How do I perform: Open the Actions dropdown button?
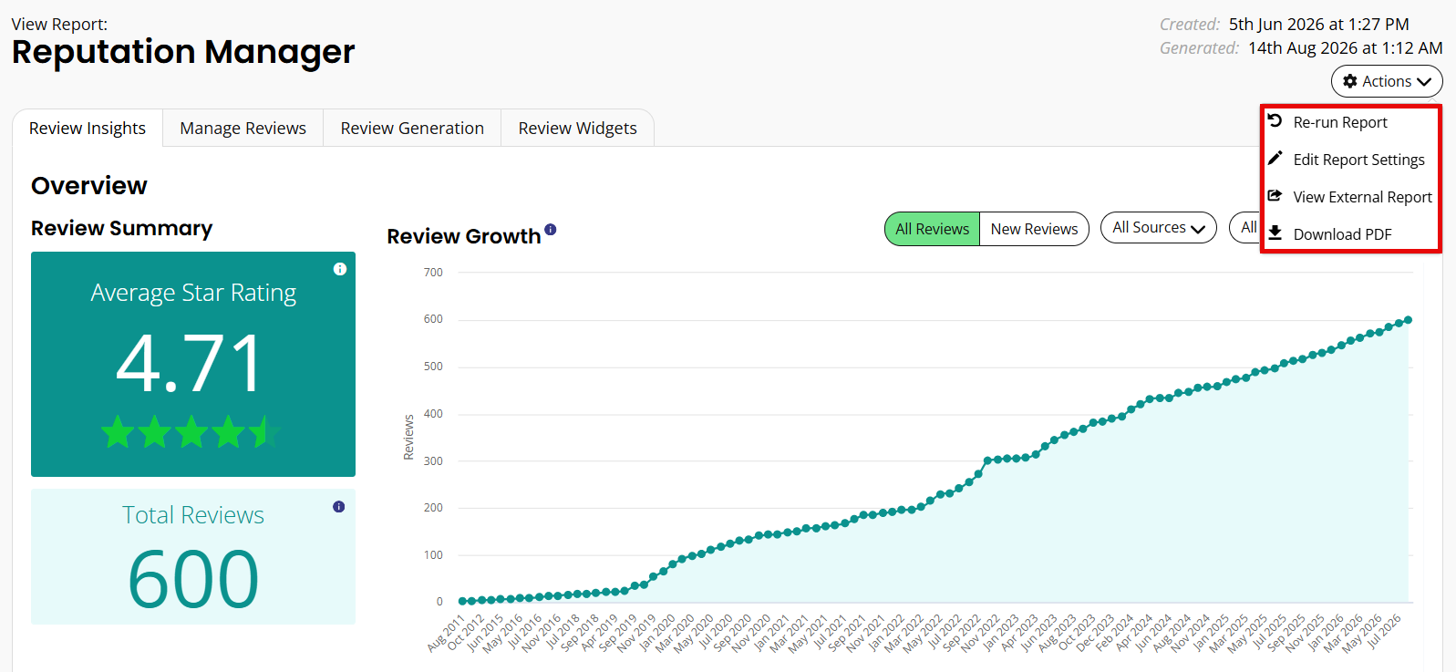click(x=1387, y=81)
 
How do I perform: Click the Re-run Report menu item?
click(x=1339, y=122)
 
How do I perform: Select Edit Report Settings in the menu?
click(x=1358, y=160)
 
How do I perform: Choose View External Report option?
click(x=1362, y=197)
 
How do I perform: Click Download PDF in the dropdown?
click(x=1342, y=234)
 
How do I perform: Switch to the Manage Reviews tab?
click(x=243, y=128)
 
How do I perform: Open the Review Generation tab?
click(x=412, y=128)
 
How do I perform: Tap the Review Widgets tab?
click(x=577, y=128)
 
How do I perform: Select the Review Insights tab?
click(x=88, y=128)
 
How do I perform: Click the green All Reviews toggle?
click(x=932, y=229)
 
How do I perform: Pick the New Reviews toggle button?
click(x=1034, y=229)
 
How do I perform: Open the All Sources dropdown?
click(x=1158, y=227)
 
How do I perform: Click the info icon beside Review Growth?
click(x=551, y=229)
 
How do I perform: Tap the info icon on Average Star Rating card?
click(x=340, y=269)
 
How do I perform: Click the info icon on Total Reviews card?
click(x=338, y=507)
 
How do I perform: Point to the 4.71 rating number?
click(x=189, y=363)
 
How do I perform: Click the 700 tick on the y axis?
click(x=434, y=273)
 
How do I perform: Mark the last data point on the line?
click(x=1408, y=320)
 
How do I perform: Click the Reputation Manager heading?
click(x=183, y=52)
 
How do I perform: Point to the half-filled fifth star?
click(x=265, y=431)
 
